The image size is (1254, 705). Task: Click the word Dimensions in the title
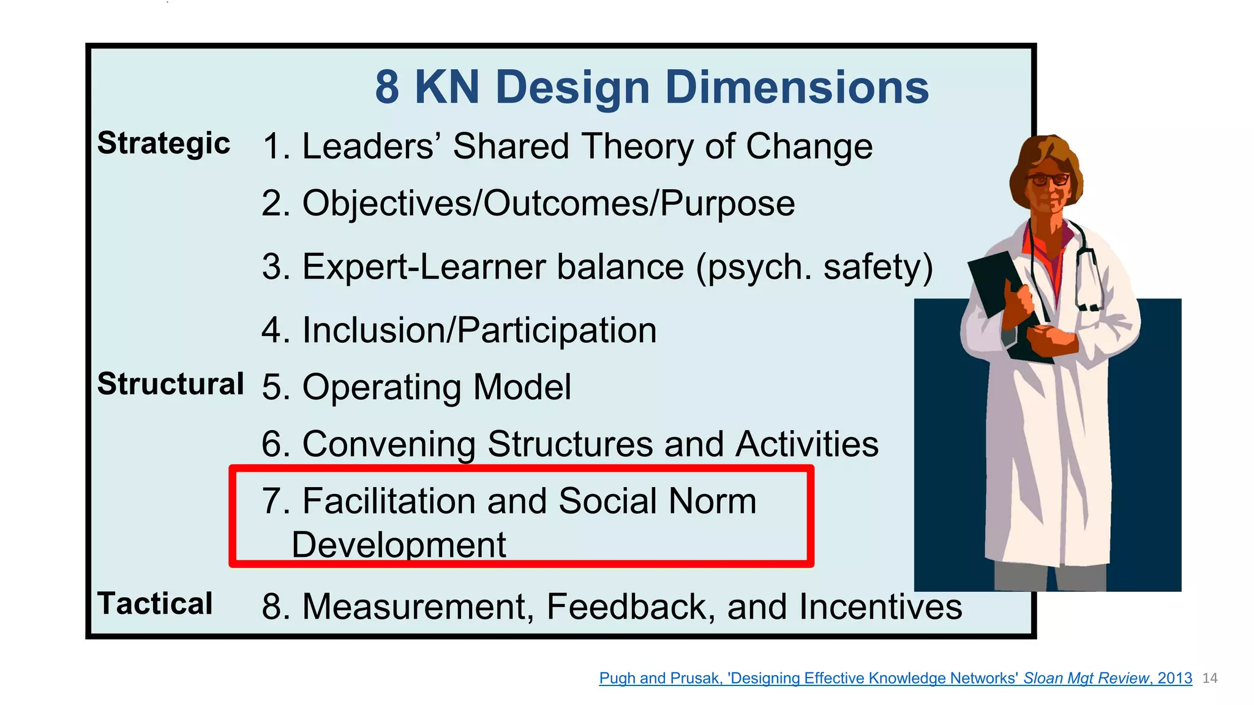pos(797,87)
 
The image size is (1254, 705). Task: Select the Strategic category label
pos(163,144)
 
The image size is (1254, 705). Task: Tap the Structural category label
pos(170,384)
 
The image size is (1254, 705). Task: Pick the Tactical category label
pos(155,603)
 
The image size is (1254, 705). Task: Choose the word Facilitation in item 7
pos(389,501)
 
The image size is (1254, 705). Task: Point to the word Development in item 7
pos(399,545)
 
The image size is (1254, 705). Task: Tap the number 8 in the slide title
pos(387,87)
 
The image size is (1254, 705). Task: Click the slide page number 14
pos(1210,678)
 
